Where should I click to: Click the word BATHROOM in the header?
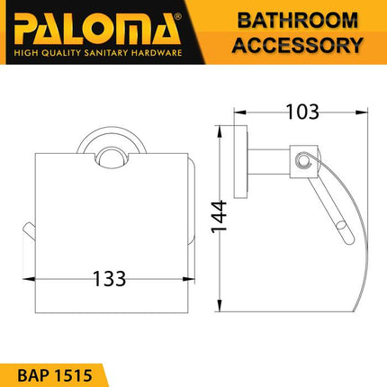(293, 20)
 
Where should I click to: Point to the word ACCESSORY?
(293, 45)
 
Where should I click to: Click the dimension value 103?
(302, 112)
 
